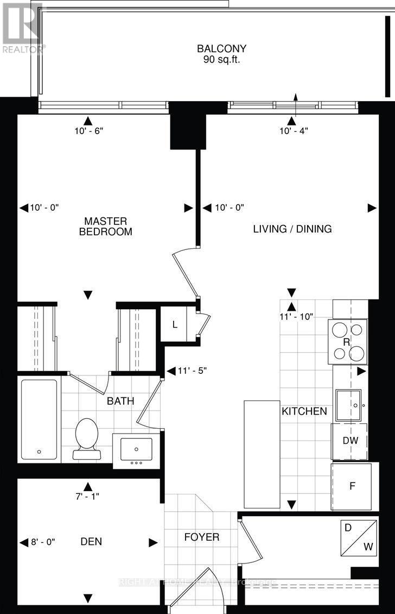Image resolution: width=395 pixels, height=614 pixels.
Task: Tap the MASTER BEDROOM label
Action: tap(105, 226)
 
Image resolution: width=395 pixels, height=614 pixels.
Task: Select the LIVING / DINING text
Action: tap(292, 229)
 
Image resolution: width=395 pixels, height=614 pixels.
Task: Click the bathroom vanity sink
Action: tap(136, 449)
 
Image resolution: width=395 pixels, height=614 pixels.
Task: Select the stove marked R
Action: tap(347, 341)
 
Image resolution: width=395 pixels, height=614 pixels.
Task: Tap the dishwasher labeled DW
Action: tap(350, 441)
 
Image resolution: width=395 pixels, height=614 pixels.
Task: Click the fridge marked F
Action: tap(352, 486)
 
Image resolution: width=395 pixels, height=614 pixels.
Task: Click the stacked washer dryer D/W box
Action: tap(359, 538)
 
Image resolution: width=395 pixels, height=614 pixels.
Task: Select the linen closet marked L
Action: tap(174, 325)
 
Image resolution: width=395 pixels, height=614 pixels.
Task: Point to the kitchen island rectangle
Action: tap(262, 454)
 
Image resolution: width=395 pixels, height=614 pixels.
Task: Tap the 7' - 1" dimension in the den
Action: tap(87, 496)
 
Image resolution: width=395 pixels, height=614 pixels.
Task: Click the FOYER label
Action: tap(201, 537)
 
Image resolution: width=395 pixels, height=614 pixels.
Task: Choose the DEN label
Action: tap(91, 542)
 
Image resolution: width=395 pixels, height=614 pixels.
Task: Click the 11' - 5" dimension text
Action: tap(192, 371)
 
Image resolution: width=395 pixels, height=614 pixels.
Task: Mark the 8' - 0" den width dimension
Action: tap(42, 542)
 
